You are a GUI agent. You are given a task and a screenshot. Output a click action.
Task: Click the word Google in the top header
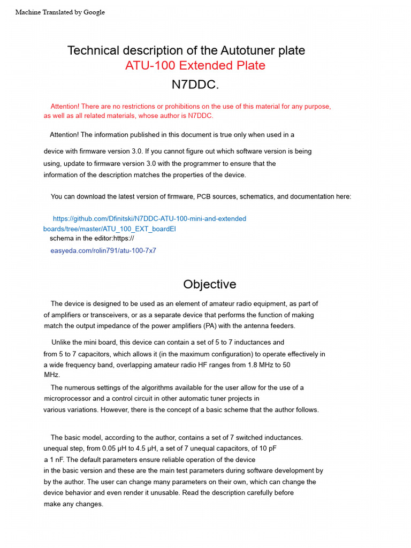(94, 12)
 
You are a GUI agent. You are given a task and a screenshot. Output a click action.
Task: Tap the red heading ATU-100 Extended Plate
(195, 66)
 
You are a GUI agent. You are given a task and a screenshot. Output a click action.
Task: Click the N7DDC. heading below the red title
(195, 85)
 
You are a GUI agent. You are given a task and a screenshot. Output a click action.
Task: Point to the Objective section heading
(210, 284)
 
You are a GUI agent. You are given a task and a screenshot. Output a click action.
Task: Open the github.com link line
(150, 218)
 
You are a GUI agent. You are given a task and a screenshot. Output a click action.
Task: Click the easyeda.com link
(103, 250)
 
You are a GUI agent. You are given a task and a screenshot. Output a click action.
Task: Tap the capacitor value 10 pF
(267, 448)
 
